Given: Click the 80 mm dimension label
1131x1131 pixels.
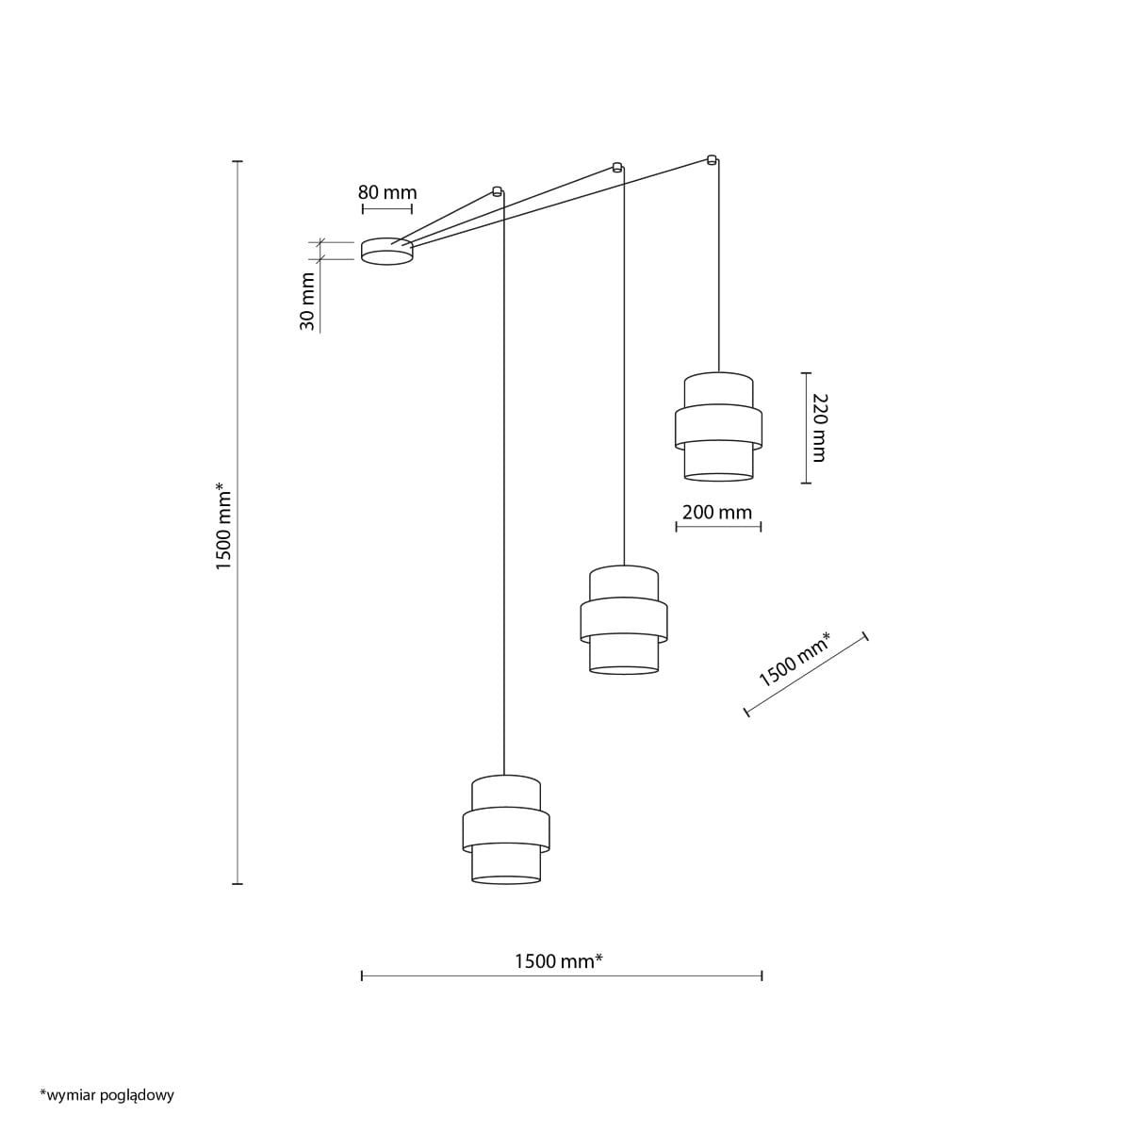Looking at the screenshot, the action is [x=387, y=192].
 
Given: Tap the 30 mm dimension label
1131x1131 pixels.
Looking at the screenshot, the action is [x=307, y=301].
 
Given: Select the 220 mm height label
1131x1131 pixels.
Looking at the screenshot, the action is [x=818, y=427].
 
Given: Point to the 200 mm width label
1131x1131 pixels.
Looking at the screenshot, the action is [x=716, y=513].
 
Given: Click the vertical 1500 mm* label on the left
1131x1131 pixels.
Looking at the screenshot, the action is [x=224, y=525].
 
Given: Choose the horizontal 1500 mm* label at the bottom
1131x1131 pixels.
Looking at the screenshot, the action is [x=559, y=960].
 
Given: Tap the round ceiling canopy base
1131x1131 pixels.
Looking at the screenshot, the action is [x=386, y=252].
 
